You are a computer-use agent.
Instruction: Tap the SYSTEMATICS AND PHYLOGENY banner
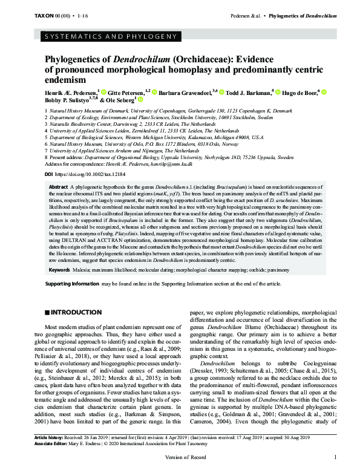click(x=108, y=39)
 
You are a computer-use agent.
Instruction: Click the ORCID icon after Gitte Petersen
click(x=155, y=93)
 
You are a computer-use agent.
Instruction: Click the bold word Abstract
click(x=59, y=188)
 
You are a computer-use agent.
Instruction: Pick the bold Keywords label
click(x=60, y=269)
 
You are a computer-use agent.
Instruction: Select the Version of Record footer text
click(x=180, y=468)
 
